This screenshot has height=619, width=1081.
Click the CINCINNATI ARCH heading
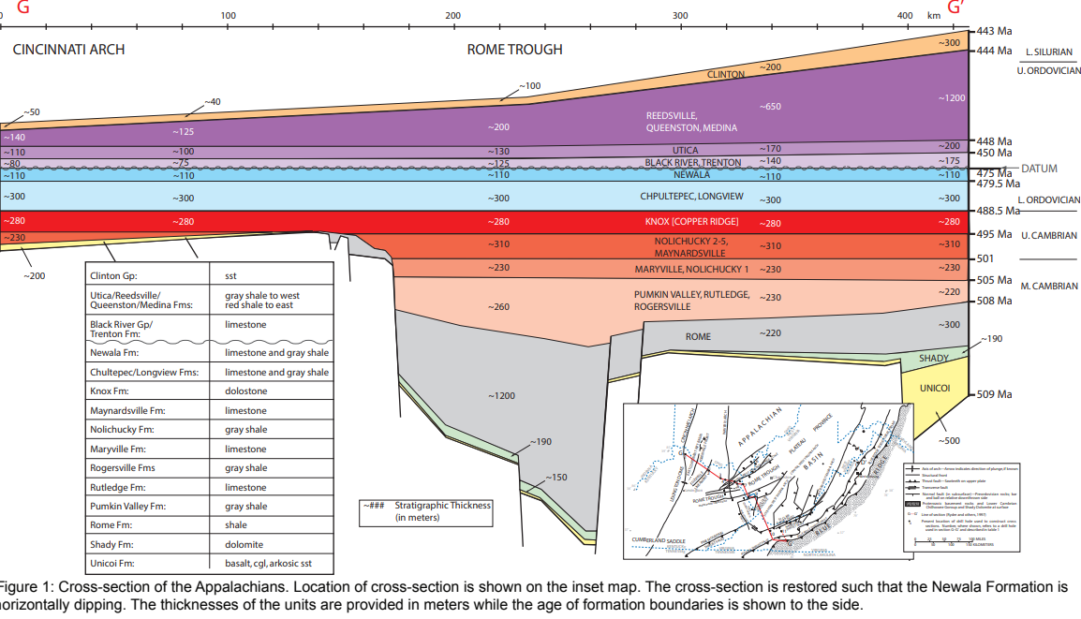[68, 50]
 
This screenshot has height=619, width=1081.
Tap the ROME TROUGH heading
[514, 50]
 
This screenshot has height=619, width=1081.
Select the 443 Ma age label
[994, 32]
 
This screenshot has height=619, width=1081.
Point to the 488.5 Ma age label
[999, 211]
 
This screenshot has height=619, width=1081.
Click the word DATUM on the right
[1039, 169]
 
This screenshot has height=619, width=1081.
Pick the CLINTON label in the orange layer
[726, 74]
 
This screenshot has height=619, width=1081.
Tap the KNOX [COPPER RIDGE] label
[692, 222]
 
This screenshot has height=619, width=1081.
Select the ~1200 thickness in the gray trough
[501, 396]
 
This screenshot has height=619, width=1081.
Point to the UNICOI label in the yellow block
[935, 388]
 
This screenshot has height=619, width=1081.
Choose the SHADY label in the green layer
[933, 358]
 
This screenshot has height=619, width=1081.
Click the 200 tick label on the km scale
[453, 15]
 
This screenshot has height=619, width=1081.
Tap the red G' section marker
[956, 8]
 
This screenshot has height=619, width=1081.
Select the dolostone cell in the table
[245, 391]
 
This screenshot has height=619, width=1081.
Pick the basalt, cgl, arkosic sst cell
[268, 563]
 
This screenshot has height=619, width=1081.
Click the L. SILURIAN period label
[1049, 52]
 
